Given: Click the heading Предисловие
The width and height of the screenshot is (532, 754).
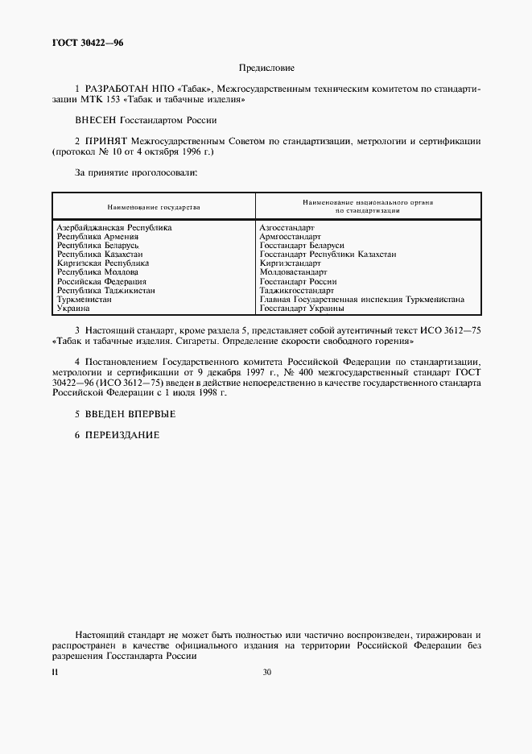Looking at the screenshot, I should (266, 69).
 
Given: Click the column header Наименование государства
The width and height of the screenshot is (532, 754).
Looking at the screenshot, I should (153, 207).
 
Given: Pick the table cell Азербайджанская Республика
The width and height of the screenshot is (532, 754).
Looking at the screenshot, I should (114, 228).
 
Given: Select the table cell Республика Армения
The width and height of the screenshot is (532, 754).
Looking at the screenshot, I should (97, 237).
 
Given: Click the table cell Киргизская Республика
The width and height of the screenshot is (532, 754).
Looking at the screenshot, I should (103, 263).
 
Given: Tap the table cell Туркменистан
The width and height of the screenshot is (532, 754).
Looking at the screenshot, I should (85, 299).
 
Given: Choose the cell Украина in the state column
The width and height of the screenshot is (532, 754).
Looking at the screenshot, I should (73, 308).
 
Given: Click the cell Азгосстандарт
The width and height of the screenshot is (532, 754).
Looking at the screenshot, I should (287, 228).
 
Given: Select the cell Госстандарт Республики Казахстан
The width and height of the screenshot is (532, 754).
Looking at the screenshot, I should (328, 255).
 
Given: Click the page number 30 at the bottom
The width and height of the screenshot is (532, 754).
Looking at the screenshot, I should (266, 673).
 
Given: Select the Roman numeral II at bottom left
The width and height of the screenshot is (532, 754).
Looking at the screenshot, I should (55, 673).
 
